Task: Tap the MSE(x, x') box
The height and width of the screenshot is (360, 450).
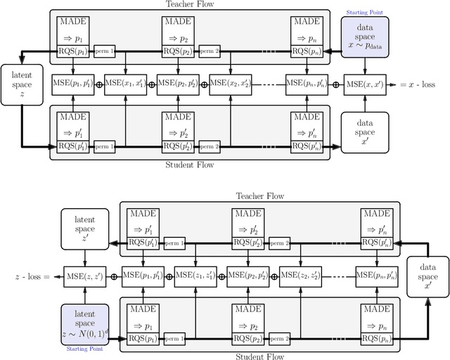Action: click(364, 83)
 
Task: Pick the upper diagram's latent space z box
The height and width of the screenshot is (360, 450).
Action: click(20, 83)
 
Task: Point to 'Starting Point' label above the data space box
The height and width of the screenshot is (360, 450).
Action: click(364, 12)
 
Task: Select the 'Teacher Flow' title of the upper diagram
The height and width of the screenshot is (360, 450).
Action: click(190, 4)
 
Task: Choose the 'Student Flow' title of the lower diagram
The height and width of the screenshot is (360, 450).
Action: click(259, 355)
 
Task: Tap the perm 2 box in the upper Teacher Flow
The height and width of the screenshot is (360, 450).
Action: click(210, 51)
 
